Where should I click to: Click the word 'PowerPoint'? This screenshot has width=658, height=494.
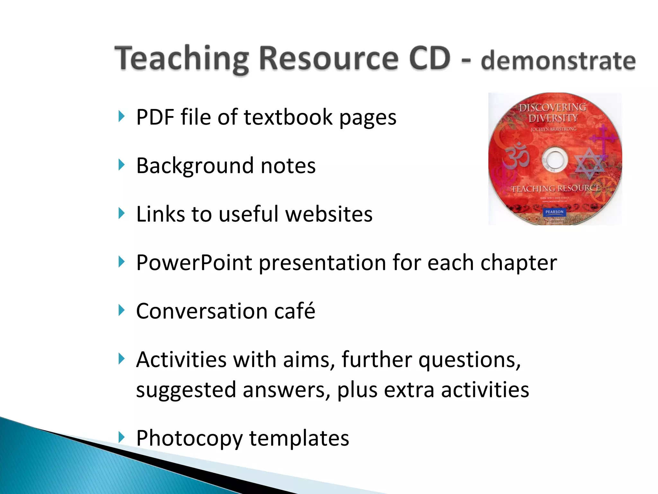point(194,262)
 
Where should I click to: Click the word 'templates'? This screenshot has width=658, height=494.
point(299,438)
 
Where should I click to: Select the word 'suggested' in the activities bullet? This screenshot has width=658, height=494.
point(186,389)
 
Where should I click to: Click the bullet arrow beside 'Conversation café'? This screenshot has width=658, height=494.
point(121,310)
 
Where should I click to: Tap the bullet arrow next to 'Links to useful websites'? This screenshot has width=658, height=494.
point(121,213)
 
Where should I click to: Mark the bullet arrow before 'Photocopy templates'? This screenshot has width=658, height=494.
point(121,437)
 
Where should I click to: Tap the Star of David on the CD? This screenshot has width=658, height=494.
point(589,163)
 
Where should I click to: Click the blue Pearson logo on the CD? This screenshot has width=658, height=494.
point(554,212)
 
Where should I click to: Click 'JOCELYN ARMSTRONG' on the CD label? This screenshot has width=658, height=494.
point(554,129)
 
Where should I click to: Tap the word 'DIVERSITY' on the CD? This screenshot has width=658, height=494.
point(553,118)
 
